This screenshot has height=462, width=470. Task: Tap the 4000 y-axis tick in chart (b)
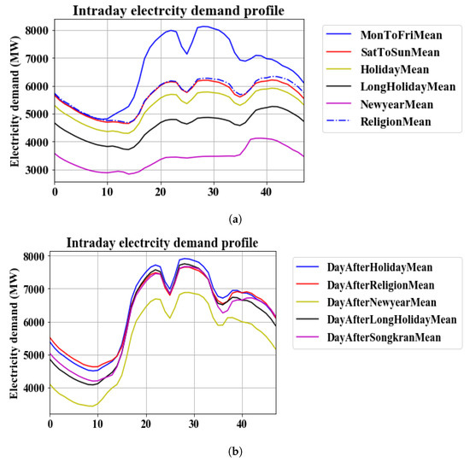click(32, 388)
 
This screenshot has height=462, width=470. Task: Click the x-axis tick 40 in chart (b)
click(242, 424)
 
